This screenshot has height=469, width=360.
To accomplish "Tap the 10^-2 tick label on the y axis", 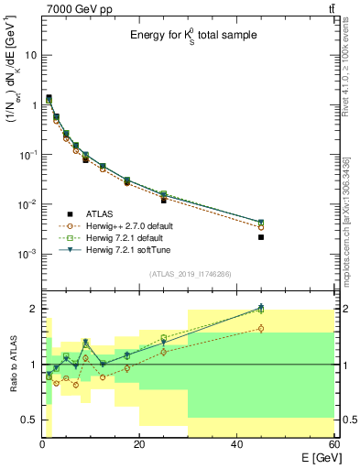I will [x=29, y=204].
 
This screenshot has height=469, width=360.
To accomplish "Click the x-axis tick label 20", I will [x=138, y=445].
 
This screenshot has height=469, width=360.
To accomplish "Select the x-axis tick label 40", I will [x=237, y=445].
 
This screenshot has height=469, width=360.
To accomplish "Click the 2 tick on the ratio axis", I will [x=34, y=309].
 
